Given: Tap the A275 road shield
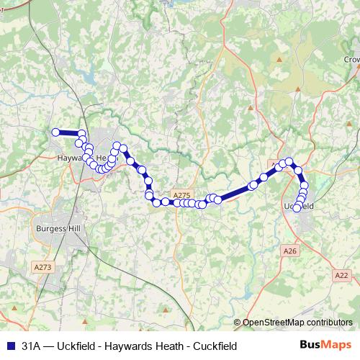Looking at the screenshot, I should tap(181, 194).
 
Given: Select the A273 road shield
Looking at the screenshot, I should tap(43, 266).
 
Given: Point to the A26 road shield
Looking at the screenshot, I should tap(289, 251).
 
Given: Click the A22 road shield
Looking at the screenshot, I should tap(341, 275).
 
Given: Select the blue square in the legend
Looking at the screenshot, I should tap(9, 346).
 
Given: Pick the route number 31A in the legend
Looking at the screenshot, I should tap(31, 346).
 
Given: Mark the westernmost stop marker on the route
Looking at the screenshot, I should tap(55, 132).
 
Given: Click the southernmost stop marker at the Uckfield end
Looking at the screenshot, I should tap(297, 208).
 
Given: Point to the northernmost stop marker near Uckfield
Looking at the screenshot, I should tap(289, 161).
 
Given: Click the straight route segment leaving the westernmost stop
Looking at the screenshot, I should tap(68, 132).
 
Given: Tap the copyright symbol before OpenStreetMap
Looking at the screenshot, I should tap(237, 323).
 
